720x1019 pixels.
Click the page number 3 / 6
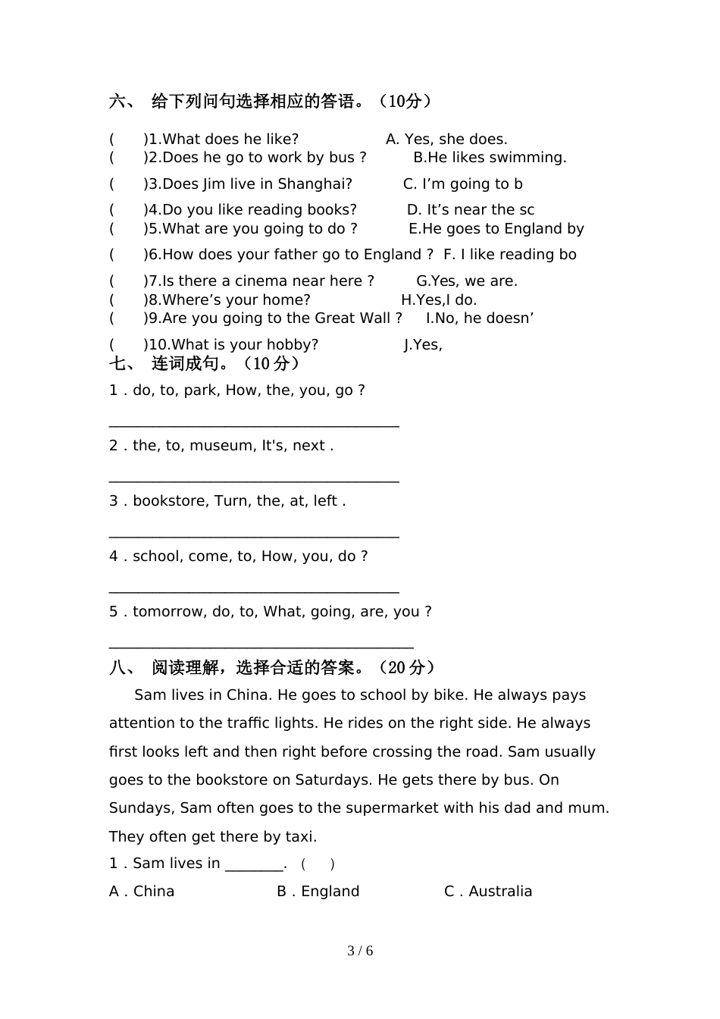[x=360, y=951]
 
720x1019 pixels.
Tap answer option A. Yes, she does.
[x=446, y=140]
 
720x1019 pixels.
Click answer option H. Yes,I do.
[x=439, y=300]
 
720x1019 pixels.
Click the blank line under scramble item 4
[x=254, y=591]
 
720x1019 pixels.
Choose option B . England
[x=318, y=892]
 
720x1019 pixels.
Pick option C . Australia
[x=488, y=892]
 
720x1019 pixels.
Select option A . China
[x=142, y=892]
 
